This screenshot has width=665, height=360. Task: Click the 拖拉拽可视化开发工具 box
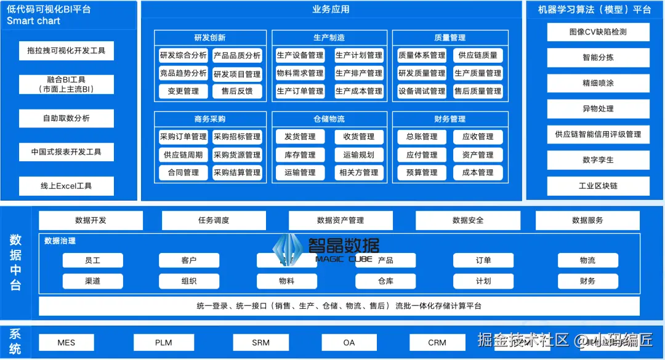pyautogui.click(x=66, y=50)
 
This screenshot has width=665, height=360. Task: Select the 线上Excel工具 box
pyautogui.click(x=66, y=186)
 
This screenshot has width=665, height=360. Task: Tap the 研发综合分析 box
pyautogui.click(x=183, y=55)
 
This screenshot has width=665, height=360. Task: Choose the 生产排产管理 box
pyautogui.click(x=359, y=73)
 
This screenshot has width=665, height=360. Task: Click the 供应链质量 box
pyautogui.click(x=478, y=55)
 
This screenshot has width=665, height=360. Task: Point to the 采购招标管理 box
pyautogui.click(x=237, y=137)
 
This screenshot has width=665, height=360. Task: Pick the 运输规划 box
pyautogui.click(x=359, y=154)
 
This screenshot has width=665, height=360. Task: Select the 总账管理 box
pyautogui.click(x=422, y=137)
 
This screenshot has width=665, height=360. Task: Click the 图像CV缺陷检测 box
pyautogui.click(x=598, y=32)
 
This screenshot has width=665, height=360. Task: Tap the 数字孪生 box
pyautogui.click(x=598, y=160)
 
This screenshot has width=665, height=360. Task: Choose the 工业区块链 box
pyautogui.click(x=598, y=186)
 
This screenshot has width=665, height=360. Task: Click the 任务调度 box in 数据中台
pyautogui.click(x=214, y=220)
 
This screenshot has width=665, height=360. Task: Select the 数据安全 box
pyautogui.click(x=468, y=220)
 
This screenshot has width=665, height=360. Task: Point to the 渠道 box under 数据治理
pyautogui.click(x=92, y=281)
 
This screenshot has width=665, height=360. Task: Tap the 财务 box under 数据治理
pyautogui.click(x=587, y=281)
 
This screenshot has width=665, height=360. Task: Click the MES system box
pyautogui.click(x=66, y=343)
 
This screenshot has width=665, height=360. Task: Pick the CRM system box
pyautogui.click(x=437, y=343)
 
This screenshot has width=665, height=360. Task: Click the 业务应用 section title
pyautogui.click(x=331, y=10)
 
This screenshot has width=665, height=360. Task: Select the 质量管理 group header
pyautogui.click(x=449, y=38)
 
